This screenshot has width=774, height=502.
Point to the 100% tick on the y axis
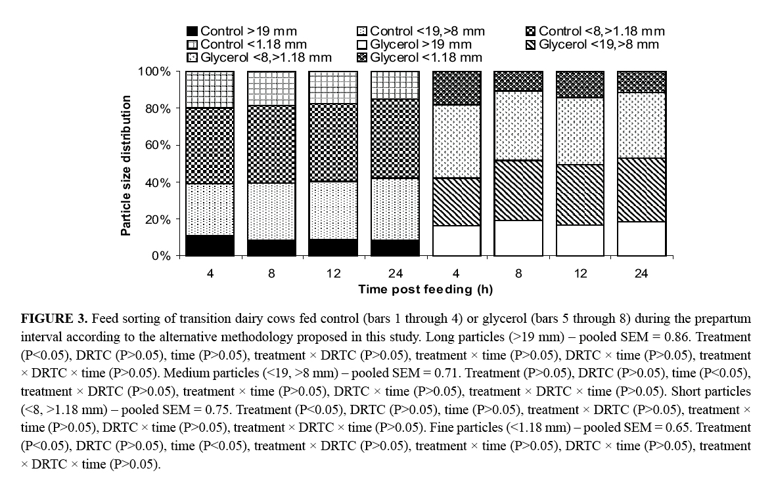[156, 72]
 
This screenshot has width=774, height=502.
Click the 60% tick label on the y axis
[158, 145]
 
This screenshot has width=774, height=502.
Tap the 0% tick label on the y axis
[161, 256]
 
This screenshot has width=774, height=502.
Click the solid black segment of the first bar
[210, 245]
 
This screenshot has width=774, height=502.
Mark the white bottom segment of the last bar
[641, 239]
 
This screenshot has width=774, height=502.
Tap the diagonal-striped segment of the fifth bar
[456, 202]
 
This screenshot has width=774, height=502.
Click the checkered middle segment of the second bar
[271, 144]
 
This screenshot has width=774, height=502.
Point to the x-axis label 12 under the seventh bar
[580, 273]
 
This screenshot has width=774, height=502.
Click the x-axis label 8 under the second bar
[271, 273]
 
